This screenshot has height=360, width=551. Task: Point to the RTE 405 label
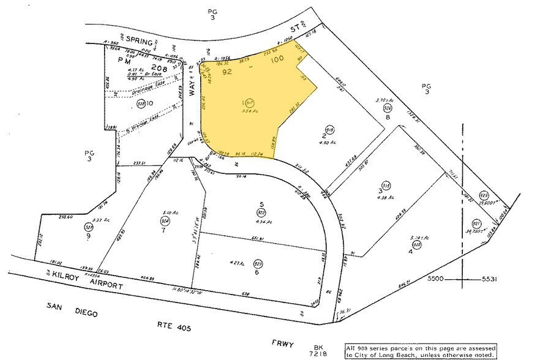coord(173,328)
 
